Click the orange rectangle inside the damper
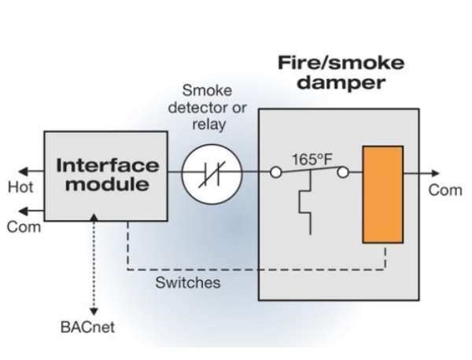382,194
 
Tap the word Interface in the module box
108,166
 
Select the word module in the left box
108,186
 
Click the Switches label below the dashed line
187,282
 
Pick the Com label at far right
444,191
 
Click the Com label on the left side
20,228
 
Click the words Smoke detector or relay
208,107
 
